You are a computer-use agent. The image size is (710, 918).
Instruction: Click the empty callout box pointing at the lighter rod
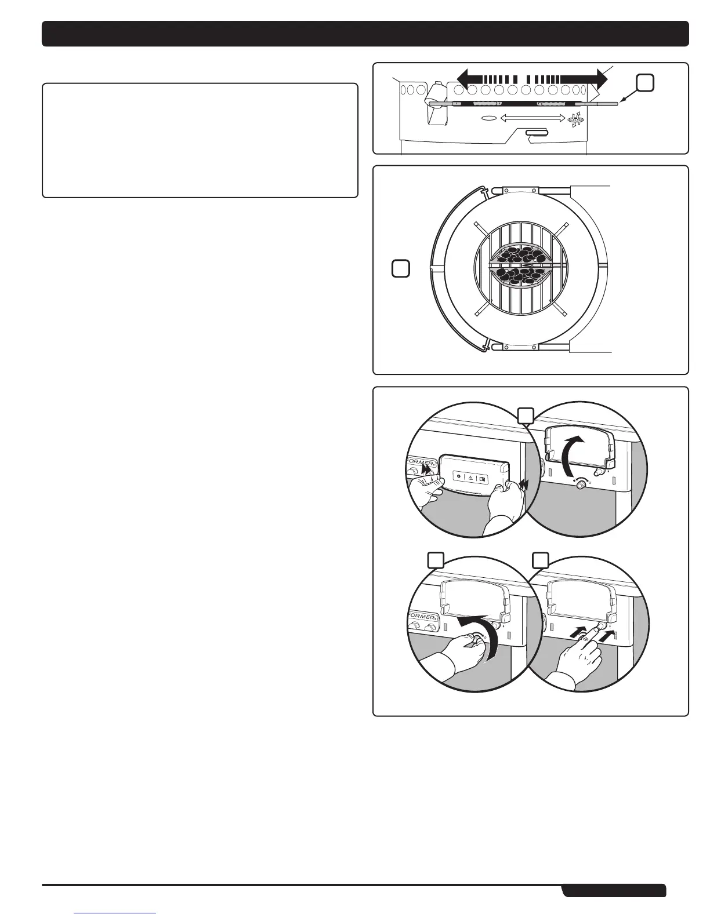point(645,83)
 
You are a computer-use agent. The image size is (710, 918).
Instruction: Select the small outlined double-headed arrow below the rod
point(532,118)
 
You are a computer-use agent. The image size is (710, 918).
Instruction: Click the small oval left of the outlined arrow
point(489,118)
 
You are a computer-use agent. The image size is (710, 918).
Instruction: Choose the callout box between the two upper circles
point(526,416)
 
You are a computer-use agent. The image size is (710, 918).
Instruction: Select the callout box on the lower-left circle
point(436,559)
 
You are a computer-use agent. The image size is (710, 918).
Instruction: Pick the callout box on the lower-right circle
point(541,559)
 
